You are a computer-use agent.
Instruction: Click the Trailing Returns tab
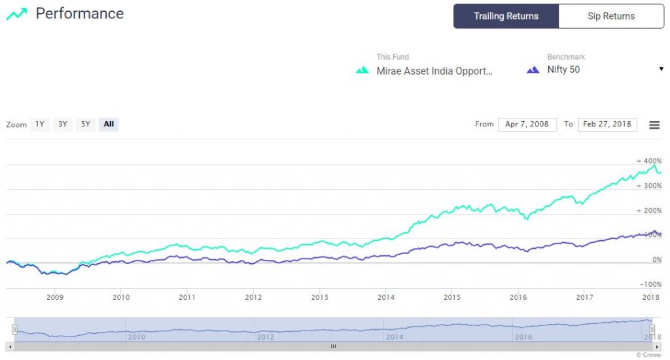click(x=506, y=16)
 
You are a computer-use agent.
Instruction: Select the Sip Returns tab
click(x=611, y=16)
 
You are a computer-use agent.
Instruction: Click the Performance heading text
click(x=79, y=13)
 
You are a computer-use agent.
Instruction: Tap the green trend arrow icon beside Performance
click(x=16, y=14)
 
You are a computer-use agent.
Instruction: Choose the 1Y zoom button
click(x=40, y=124)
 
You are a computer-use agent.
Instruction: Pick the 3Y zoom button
click(x=62, y=124)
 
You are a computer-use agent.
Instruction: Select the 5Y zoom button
click(x=85, y=124)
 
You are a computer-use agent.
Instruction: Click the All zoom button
click(x=109, y=124)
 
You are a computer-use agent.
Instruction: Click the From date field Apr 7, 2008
click(x=527, y=124)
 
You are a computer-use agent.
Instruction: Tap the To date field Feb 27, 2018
click(x=607, y=124)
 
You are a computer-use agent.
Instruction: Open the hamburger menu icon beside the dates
click(x=654, y=125)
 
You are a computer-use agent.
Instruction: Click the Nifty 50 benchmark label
click(x=563, y=70)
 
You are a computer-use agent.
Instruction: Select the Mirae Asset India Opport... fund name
click(x=434, y=71)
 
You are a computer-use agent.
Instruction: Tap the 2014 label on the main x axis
click(x=385, y=297)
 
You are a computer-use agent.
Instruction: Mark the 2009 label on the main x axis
click(x=55, y=297)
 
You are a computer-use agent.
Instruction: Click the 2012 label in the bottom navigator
click(x=265, y=337)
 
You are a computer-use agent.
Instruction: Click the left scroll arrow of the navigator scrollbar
click(x=9, y=346)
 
